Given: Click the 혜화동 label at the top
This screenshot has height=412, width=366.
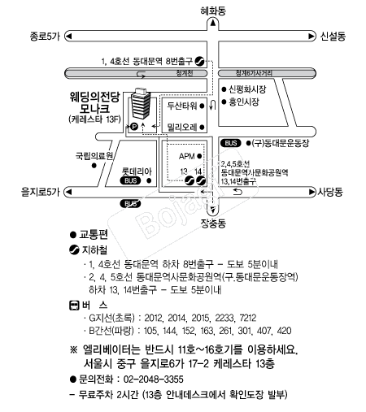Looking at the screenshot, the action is click(x=213, y=11).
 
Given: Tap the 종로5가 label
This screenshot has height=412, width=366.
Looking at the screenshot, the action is click(x=45, y=37).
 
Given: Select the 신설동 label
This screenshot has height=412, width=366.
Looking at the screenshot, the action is click(x=333, y=37).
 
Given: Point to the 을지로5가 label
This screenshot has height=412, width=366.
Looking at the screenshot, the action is click(x=40, y=192).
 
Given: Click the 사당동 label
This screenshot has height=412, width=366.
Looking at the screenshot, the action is click(x=330, y=192).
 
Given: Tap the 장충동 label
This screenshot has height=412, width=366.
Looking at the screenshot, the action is click(x=213, y=223).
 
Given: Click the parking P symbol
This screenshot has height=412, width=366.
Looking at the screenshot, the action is click(x=134, y=126).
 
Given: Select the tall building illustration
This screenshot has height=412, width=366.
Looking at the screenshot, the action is click(x=141, y=103).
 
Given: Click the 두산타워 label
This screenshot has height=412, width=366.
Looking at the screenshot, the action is click(x=182, y=106).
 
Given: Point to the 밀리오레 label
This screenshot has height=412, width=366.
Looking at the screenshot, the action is click(x=182, y=127).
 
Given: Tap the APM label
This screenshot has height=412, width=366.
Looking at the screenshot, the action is click(x=187, y=156).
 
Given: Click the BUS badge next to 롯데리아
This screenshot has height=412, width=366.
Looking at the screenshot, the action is click(x=130, y=180).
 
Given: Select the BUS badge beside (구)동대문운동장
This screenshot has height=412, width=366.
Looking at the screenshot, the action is click(x=231, y=143).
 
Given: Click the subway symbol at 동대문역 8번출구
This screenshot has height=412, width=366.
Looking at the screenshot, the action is click(x=200, y=62).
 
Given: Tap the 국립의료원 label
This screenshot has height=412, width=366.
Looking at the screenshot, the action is click(x=94, y=156).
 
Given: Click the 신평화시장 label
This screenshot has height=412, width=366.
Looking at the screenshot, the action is click(x=247, y=89).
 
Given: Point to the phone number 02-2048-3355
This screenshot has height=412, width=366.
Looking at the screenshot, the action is click(x=154, y=379).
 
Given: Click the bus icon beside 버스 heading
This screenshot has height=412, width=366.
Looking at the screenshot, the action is click(x=74, y=306).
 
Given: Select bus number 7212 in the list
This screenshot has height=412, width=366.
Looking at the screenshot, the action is click(x=248, y=318).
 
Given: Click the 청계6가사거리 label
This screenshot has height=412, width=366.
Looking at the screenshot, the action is click(x=254, y=73).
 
